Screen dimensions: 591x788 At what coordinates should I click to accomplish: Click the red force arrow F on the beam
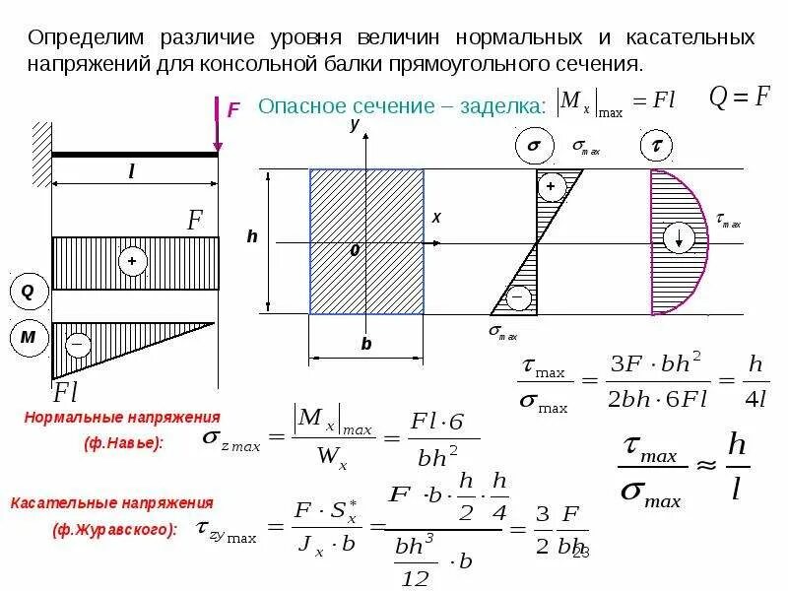[x=218, y=123]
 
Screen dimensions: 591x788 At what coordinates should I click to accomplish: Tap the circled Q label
[x=27, y=292]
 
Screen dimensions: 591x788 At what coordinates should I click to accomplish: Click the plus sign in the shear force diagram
[x=131, y=261]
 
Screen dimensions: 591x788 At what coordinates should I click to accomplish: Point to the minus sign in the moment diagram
[x=78, y=344]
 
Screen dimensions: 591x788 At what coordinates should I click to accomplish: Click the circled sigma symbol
[x=533, y=148]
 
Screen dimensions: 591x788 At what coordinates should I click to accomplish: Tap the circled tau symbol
[x=655, y=148]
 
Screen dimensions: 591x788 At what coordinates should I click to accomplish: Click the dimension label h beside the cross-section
[x=251, y=237]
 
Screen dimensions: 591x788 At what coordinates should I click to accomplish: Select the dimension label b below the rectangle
[x=366, y=344]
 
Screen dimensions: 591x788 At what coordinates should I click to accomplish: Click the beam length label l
[x=131, y=170]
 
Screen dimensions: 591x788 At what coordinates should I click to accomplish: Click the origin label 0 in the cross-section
[x=355, y=251]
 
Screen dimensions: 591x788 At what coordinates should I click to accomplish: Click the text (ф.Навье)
[x=124, y=442]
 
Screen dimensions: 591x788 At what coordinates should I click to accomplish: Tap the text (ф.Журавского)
[x=115, y=529]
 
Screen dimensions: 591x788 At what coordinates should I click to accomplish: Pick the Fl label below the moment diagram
[x=66, y=392]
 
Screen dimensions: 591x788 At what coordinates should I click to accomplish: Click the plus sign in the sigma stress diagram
[x=550, y=186]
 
